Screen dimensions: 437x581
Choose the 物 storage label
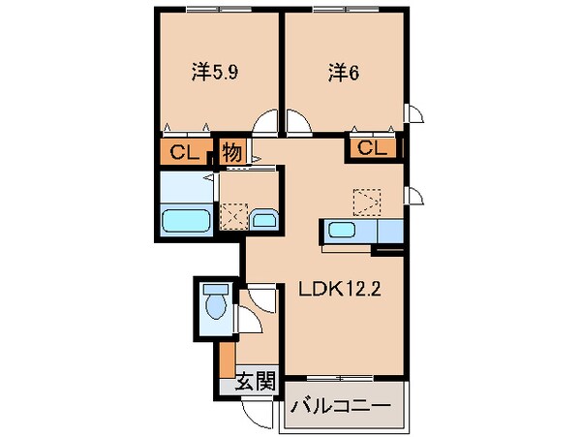[x=231, y=152]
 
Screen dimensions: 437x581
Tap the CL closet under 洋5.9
[x=182, y=151]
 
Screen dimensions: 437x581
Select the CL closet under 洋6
[x=373, y=148]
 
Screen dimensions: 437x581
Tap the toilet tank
[x=214, y=290]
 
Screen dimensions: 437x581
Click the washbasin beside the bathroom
[x=262, y=220]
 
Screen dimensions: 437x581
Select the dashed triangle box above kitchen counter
[x=368, y=201]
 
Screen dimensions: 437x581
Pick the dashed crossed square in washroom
[x=232, y=214]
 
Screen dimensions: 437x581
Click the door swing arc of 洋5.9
[x=262, y=124]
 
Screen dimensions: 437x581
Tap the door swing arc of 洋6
[x=298, y=123]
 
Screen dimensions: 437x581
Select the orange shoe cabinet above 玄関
[x=226, y=359]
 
